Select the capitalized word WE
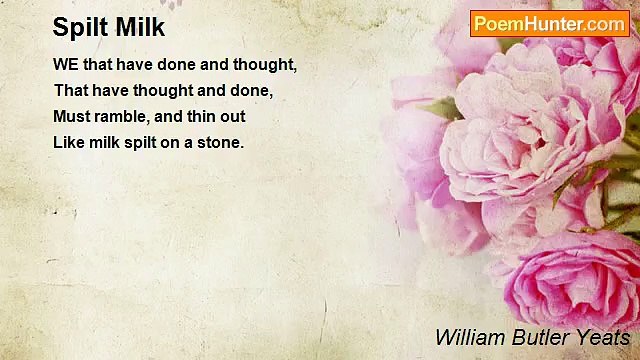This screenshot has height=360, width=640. (65, 65)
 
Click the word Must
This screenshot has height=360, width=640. (70, 116)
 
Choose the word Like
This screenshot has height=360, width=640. (68, 142)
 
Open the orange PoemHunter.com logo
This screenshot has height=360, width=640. (550, 24)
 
